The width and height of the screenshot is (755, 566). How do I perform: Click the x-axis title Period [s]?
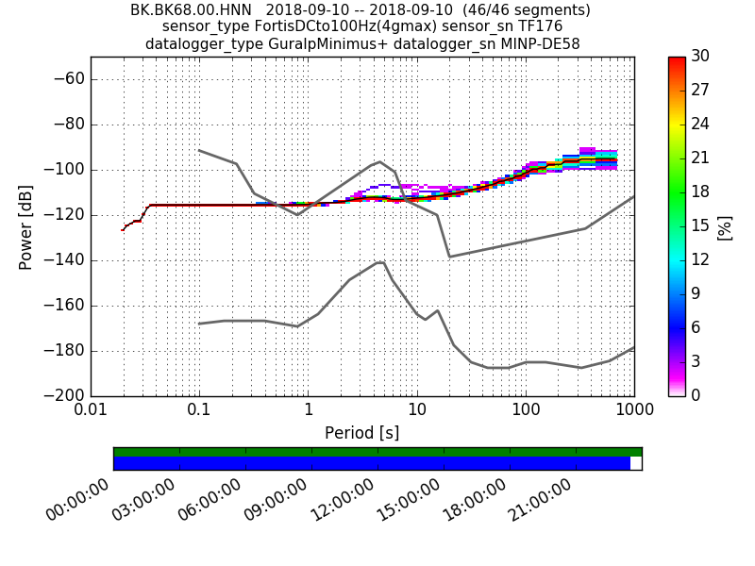tap(361, 433)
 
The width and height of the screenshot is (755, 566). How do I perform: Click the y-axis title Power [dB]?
tap(26, 226)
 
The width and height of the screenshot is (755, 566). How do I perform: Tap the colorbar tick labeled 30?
tap(700, 57)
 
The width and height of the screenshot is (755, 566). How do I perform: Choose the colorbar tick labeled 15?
tap(700, 226)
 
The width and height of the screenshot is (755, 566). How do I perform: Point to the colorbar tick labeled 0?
tap(696, 395)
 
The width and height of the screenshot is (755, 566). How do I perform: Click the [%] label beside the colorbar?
tap(726, 226)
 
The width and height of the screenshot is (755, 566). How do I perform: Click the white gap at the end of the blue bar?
tap(636, 463)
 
